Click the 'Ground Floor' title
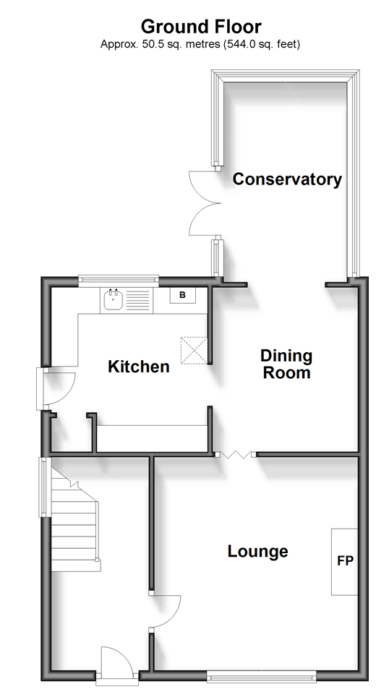click(x=201, y=27)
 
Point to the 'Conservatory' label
click(x=287, y=179)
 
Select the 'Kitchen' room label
click(x=139, y=367)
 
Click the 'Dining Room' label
click(x=286, y=364)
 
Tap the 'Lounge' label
click(x=257, y=551)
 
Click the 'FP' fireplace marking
click(x=345, y=560)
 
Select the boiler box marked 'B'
click(x=183, y=295)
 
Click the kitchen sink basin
click(x=113, y=301)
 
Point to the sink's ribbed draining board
click(x=138, y=301)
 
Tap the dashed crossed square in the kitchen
click(x=194, y=351)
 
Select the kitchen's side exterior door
click(x=56, y=389)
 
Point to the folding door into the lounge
click(x=236, y=455)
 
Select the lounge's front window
click(x=261, y=675)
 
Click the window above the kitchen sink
click(x=119, y=279)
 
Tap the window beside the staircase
click(x=43, y=487)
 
